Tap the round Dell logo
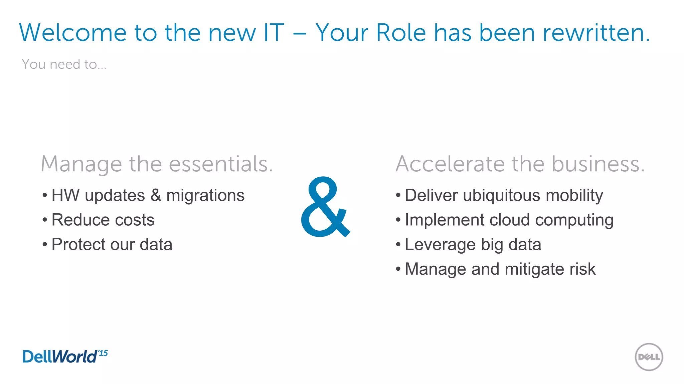649,357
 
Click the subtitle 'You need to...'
64,64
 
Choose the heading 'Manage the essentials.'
157,164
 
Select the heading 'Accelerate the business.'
520,164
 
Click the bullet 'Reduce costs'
103,220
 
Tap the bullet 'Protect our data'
112,245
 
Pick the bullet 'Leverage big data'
473,245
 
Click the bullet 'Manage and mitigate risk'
500,269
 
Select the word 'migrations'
205,195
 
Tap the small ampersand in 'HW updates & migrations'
156,195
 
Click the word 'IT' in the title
274,33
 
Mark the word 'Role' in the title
401,33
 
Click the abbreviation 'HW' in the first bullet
65,195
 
